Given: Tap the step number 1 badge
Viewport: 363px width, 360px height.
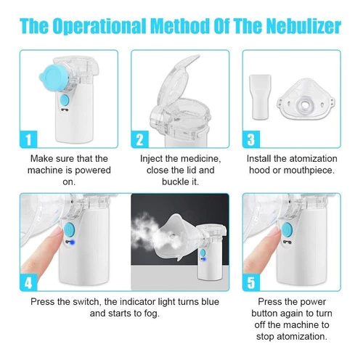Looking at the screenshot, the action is [28, 139].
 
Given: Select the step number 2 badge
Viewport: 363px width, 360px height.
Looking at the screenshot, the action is [140, 139].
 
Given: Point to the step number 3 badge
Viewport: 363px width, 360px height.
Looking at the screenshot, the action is [251, 139].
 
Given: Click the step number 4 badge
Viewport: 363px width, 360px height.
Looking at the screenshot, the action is [28, 282].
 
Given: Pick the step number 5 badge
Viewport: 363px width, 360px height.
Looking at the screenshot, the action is [251, 282].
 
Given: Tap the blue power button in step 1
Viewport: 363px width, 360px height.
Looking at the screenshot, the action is [65, 100].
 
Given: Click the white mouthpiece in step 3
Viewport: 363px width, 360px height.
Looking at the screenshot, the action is [260, 97].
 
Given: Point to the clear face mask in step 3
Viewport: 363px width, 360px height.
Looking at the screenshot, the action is [306, 99].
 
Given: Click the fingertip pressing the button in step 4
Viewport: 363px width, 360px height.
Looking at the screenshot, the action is [57, 233].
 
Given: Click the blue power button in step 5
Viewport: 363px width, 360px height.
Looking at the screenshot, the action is [287, 229].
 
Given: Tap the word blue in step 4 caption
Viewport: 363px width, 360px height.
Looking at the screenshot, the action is [210, 302].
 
